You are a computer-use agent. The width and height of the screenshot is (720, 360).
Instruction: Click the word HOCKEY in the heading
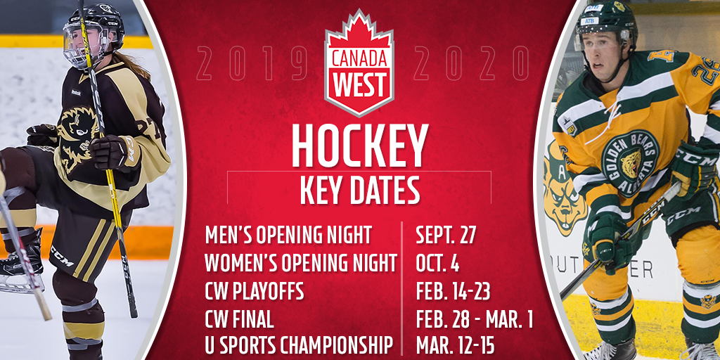359,146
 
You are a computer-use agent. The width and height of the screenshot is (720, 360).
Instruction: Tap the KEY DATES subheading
359,190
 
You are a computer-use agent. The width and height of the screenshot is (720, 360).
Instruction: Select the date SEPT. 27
445,235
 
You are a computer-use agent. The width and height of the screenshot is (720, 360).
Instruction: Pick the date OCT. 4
437,263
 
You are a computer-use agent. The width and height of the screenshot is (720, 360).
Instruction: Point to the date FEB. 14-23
453,291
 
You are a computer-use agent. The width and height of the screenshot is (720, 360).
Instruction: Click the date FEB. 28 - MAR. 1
475,319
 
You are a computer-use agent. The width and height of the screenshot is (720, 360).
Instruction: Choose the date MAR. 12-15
455,345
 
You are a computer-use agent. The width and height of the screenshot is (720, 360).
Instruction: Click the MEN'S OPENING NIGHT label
288,235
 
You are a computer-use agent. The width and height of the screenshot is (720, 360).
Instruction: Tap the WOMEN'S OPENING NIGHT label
301,263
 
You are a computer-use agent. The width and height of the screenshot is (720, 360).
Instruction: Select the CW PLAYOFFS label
255,291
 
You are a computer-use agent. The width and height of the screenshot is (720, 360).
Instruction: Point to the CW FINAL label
239,319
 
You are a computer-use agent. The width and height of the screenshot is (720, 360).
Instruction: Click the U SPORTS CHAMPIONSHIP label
299,345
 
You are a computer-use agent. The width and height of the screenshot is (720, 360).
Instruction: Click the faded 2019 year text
252,63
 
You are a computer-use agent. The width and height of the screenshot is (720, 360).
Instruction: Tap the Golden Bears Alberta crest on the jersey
630,163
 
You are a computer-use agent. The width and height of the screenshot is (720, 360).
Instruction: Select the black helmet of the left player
95,28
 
